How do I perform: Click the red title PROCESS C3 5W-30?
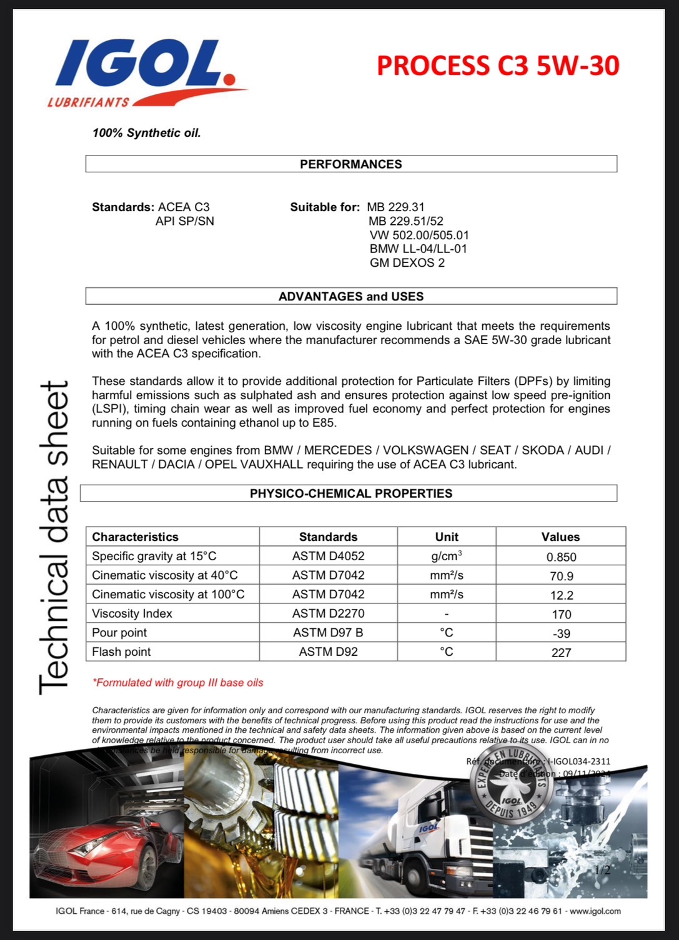pyautogui.click(x=498, y=66)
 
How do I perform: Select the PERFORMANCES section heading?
pyautogui.click(x=351, y=164)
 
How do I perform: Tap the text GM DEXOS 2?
pyautogui.click(x=407, y=263)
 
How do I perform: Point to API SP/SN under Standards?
pyautogui.click(x=185, y=221)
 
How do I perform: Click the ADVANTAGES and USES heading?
pyautogui.click(x=351, y=297)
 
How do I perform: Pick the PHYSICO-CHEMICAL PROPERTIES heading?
pyautogui.click(x=351, y=493)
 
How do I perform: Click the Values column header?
pyautogui.click(x=560, y=537)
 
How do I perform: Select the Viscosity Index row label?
pyautogui.click(x=132, y=613)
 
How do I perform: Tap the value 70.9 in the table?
pyautogui.click(x=562, y=576)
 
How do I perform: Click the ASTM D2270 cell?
pyautogui.click(x=328, y=613)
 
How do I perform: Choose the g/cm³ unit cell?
pyautogui.click(x=447, y=556)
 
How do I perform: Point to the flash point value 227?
pyautogui.click(x=562, y=653)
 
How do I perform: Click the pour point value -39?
pyautogui.click(x=562, y=633)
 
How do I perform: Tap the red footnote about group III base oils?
pyautogui.click(x=178, y=683)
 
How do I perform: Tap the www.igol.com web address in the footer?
pyautogui.click(x=595, y=911)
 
